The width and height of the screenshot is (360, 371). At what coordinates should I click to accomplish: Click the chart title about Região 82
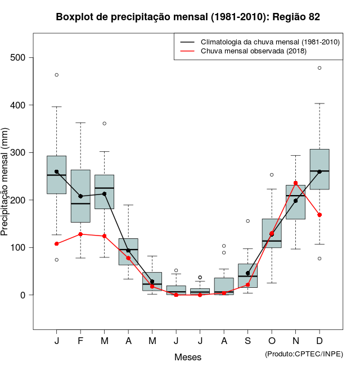point(188,17)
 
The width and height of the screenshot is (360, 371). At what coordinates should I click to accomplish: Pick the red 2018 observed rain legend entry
point(253,51)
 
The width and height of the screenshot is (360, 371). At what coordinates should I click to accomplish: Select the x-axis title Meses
point(187,357)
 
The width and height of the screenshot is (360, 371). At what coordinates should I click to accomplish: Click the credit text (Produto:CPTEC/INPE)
point(304,354)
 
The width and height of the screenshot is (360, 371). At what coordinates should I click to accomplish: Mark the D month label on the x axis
point(319,342)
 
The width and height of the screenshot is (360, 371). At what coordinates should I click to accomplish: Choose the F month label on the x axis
point(80,342)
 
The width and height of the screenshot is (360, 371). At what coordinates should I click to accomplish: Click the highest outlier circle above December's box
point(319,68)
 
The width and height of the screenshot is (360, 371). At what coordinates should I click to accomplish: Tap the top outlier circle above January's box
point(57,75)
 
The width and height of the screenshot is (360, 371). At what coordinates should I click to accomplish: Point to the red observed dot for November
point(296,183)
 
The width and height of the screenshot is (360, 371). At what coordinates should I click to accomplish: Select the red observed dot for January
point(57,244)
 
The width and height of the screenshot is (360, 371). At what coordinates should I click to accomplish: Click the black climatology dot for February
point(80,196)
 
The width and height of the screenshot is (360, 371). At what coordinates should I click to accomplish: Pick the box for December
point(319,169)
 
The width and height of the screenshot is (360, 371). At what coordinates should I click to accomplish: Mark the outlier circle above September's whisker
point(247,221)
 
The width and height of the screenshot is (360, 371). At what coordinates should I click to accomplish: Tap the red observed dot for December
point(319,215)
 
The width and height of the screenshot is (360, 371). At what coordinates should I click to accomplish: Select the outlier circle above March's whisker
point(105,123)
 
